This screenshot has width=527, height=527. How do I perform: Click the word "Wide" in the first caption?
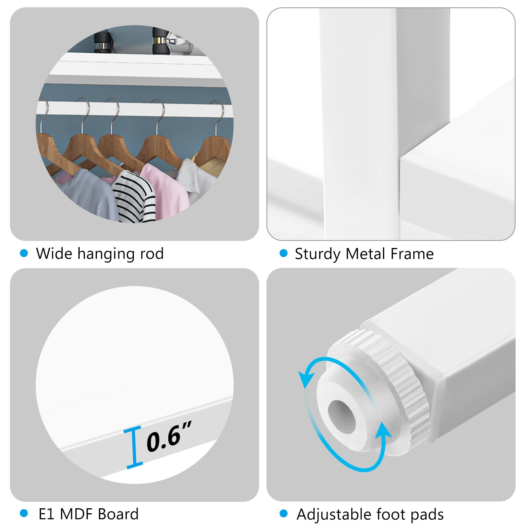coord(54,253)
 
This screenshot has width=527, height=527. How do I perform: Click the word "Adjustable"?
coord(334,515)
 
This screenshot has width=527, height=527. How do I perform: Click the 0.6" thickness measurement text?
coord(169,436)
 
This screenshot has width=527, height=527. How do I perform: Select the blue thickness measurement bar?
coord(133,447)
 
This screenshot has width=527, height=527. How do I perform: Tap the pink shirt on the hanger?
coord(165,190)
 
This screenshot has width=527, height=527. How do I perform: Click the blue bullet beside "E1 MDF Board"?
coord(24,513)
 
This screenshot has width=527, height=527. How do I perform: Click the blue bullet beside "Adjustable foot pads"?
coord(283,513)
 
